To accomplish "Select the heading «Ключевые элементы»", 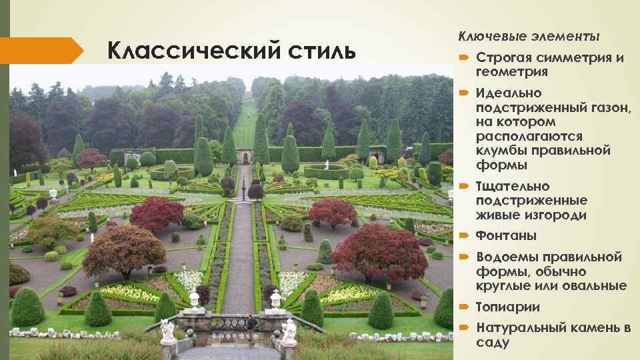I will click(529, 35).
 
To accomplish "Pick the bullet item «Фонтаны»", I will click(506, 236).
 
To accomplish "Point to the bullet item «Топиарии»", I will click(508, 307).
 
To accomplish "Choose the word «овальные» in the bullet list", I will click(595, 286).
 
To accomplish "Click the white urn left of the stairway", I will click(194, 299).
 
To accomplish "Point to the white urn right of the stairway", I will click(275, 299).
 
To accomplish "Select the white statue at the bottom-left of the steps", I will click(167, 331).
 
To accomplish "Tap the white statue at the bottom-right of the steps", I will click(289, 331).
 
